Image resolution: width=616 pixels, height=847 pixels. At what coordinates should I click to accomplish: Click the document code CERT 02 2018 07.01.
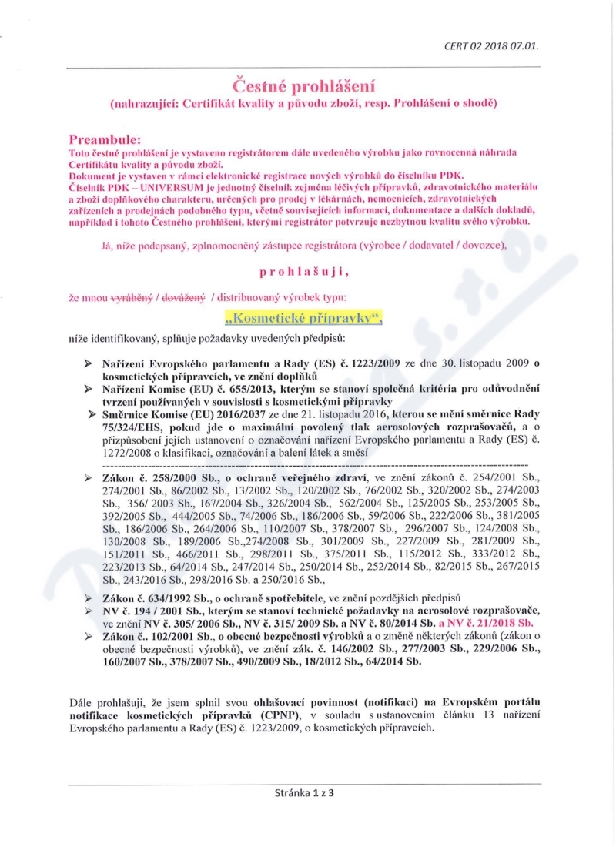[490, 45]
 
